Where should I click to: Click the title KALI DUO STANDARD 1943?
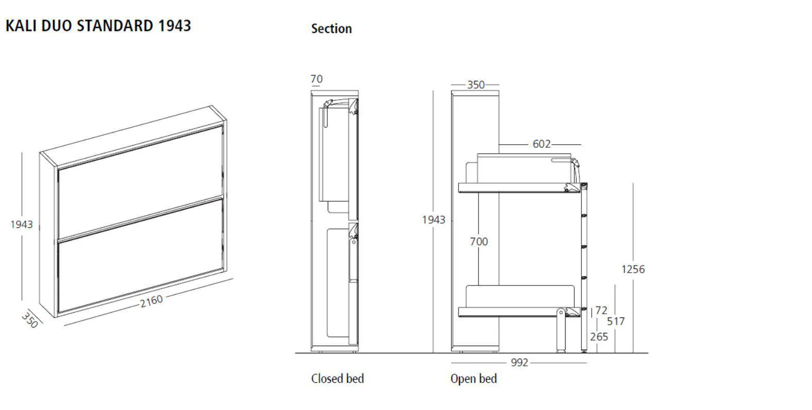click(x=98, y=26)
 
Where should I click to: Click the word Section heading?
click(x=331, y=29)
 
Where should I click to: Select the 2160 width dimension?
click(x=151, y=300)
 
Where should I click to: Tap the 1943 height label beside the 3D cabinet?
click(x=22, y=224)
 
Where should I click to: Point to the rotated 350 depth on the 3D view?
click(x=30, y=320)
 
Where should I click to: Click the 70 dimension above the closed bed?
click(x=316, y=79)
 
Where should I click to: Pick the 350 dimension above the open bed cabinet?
click(x=475, y=85)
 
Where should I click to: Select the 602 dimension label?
click(x=541, y=145)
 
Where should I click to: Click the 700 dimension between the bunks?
click(x=479, y=241)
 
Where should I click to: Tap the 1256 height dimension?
click(x=632, y=269)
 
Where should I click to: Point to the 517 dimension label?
click(x=615, y=322)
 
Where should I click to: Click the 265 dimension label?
click(x=599, y=337)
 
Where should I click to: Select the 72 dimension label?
click(x=601, y=311)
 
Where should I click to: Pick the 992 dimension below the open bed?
click(x=519, y=363)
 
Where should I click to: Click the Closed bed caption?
click(x=337, y=379)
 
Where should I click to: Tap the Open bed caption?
click(x=473, y=379)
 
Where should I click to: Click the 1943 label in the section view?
click(x=433, y=220)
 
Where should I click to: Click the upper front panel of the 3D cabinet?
click(x=140, y=183)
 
